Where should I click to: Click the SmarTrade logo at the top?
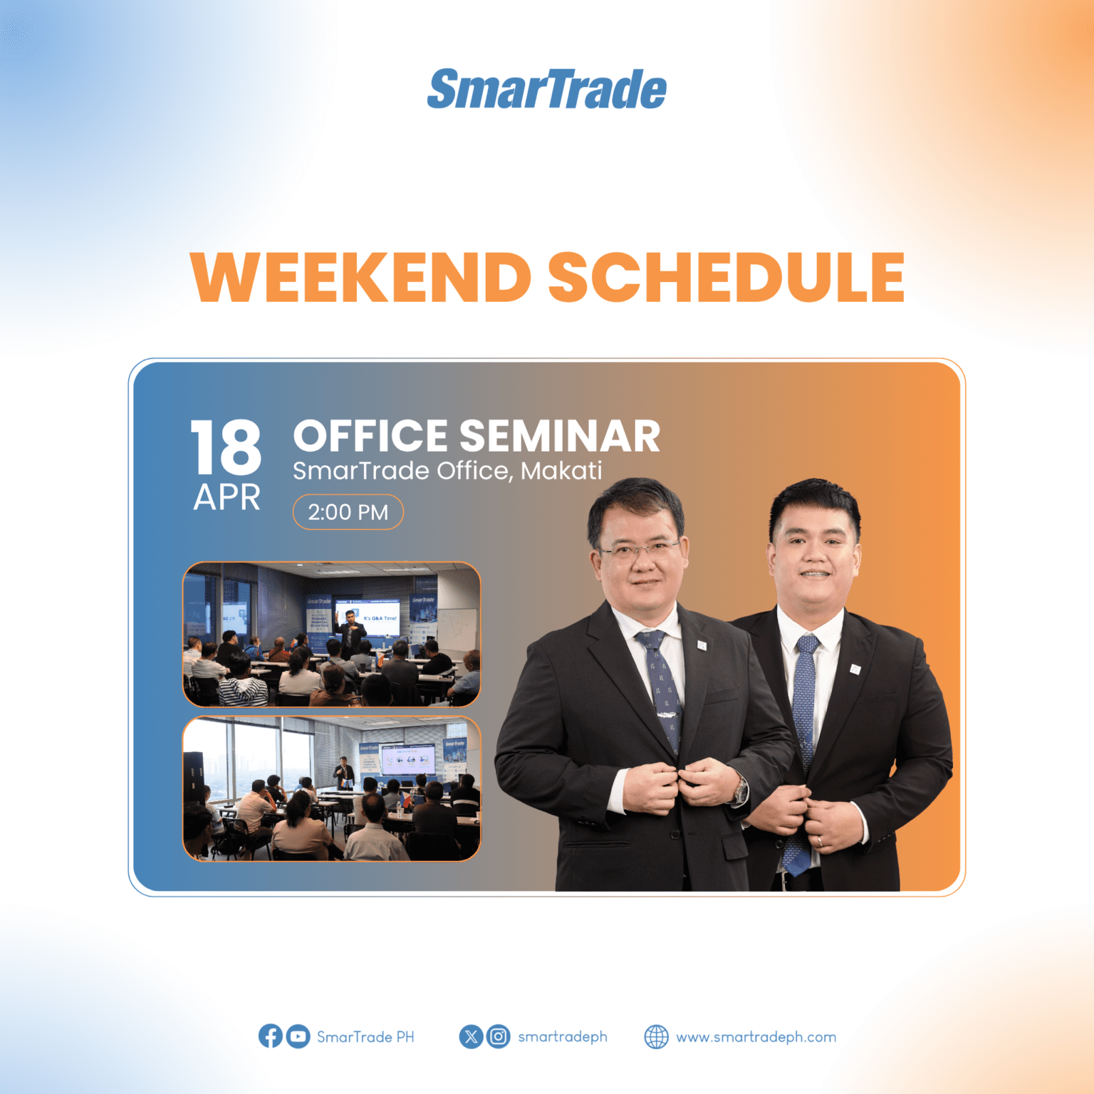[x=546, y=90]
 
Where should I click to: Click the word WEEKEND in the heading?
[x=360, y=278]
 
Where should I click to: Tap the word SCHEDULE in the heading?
[x=726, y=278]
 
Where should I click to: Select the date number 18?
[x=226, y=447]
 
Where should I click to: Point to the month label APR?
[x=226, y=497]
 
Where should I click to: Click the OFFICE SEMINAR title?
[x=476, y=436]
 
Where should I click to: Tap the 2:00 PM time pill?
[x=348, y=512]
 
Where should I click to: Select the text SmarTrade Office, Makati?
[x=447, y=471]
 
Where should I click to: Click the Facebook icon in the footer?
[x=270, y=1036]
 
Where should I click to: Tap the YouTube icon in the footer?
[x=298, y=1036]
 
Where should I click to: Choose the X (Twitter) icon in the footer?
[x=471, y=1036]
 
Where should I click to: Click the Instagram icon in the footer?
[x=499, y=1036]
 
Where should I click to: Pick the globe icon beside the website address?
[x=656, y=1036]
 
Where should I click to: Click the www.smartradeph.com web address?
[x=756, y=1037]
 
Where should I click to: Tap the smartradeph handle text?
[x=562, y=1037]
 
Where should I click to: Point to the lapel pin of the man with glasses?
[x=702, y=645]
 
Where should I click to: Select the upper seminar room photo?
[x=332, y=634]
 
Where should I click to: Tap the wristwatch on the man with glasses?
[x=741, y=790]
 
